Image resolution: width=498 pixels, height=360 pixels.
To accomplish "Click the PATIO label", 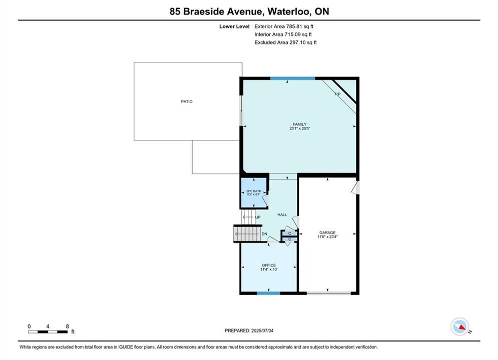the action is tap(187, 101).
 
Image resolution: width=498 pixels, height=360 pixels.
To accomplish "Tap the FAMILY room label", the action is tap(299, 124).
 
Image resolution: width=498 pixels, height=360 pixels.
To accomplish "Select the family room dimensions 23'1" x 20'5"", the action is tap(299, 128).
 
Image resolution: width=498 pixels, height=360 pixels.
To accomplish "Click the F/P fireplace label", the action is tap(338, 94).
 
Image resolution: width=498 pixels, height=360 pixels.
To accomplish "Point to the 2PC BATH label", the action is tap(254, 191).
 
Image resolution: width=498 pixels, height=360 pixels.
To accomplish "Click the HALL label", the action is tap(282, 214).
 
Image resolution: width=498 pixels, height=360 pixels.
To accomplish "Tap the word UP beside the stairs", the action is tap(258, 217).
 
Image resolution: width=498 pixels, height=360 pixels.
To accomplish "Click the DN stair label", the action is tap(264, 234).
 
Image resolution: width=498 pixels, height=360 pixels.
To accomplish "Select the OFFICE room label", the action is tap(269, 265).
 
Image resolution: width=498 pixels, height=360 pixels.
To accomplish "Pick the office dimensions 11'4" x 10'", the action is tap(269, 269).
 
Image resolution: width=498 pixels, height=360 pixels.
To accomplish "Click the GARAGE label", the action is tap(327, 232).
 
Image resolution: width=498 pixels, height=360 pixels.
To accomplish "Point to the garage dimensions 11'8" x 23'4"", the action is tap(327, 236).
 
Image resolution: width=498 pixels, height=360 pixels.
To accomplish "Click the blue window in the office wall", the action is tap(269, 293).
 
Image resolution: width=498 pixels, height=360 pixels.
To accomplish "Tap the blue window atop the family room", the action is tap(292, 78).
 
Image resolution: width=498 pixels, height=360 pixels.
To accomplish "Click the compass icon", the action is tap(460, 326).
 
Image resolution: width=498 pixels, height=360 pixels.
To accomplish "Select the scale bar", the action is tap(48, 332).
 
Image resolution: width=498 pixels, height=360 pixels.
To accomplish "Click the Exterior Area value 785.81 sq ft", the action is tap(299, 26).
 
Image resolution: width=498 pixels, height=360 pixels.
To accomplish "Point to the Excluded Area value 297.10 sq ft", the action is tap(303, 42).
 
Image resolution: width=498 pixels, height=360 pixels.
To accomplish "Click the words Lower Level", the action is tap(234, 26).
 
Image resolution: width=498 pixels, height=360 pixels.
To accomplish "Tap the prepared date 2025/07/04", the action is tap(262, 330).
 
